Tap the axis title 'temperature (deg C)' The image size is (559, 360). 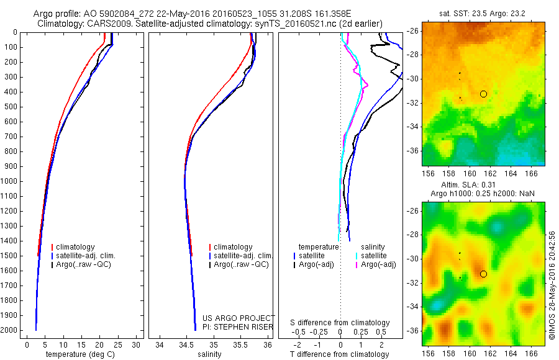82,354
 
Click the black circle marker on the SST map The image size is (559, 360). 483,94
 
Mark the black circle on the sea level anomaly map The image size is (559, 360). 483,274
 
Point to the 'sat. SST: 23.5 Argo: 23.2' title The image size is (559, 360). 479,12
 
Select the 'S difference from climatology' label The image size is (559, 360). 340,323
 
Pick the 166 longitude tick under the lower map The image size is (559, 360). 532,354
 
